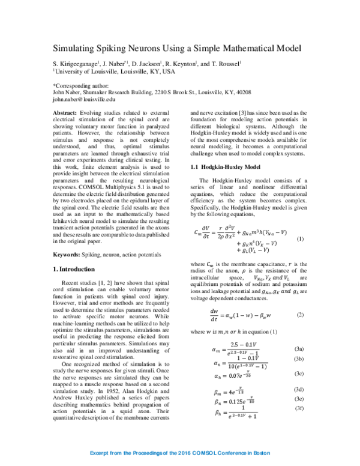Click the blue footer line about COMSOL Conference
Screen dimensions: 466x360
tap(179, 451)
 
